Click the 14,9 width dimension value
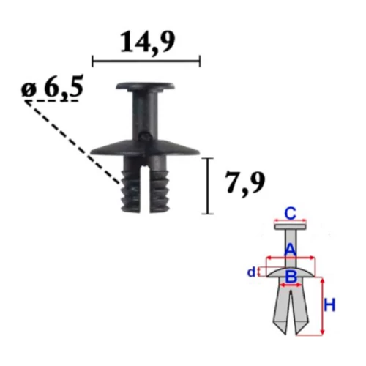click(148, 42)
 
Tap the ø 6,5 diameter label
click(53, 87)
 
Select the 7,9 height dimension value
click(244, 182)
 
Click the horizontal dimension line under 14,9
click(146, 61)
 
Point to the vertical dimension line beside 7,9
click(208, 186)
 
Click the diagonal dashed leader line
click(73, 142)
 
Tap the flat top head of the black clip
click(146, 86)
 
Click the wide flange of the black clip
click(145, 148)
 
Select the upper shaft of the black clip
click(146, 115)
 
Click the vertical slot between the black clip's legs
click(146, 189)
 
